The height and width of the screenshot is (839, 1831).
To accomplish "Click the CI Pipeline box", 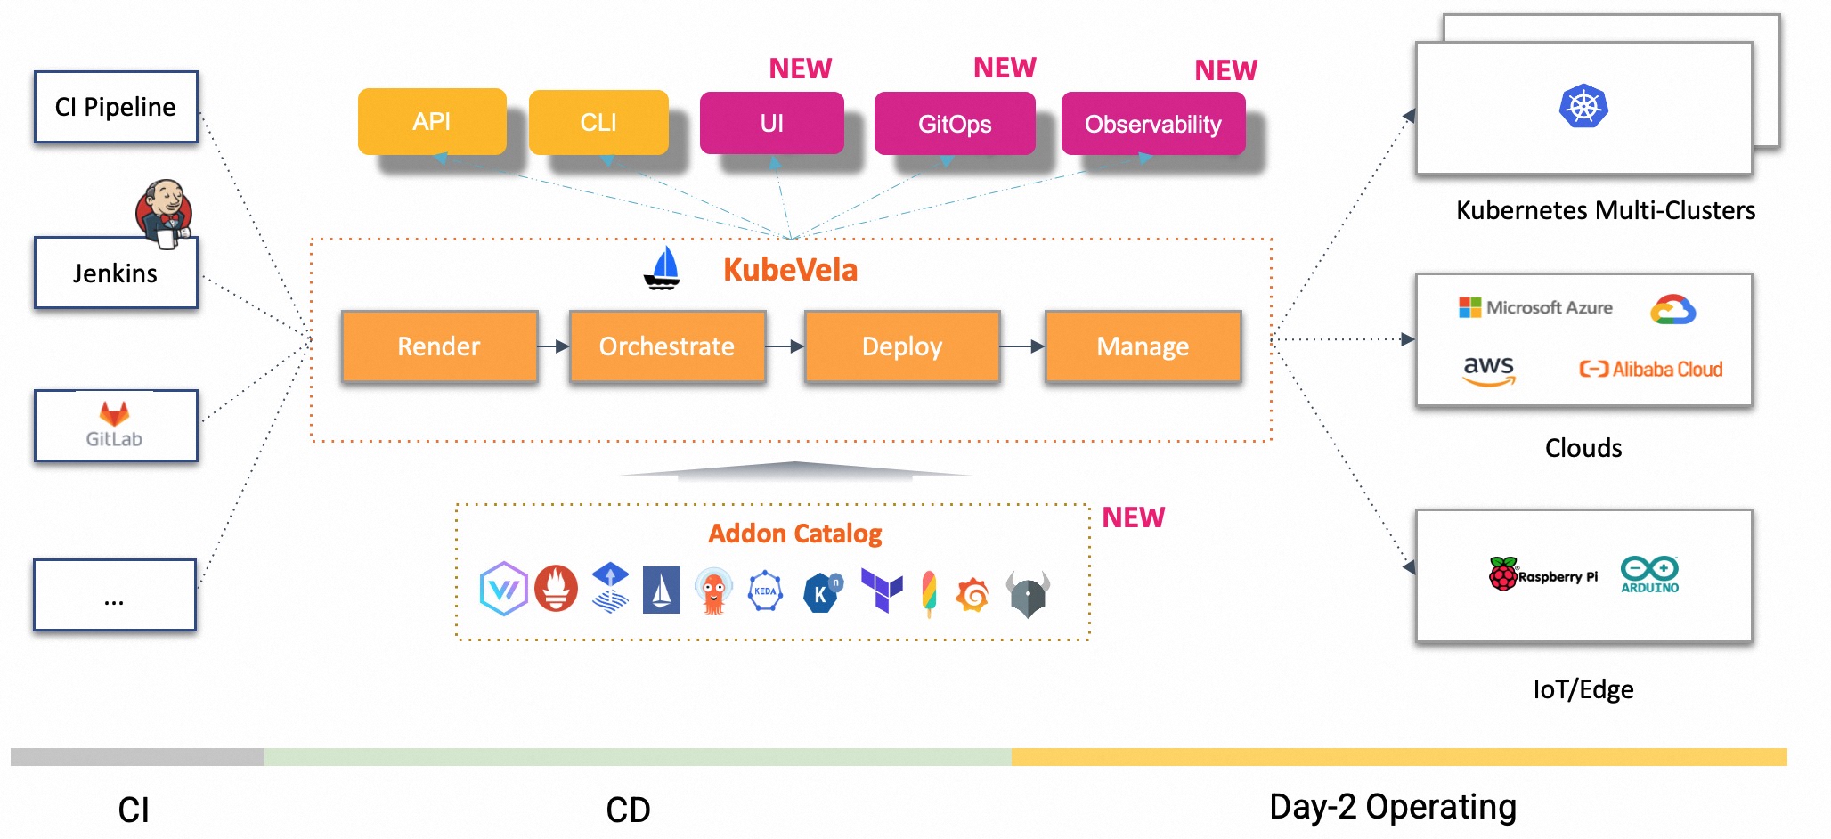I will (116, 107).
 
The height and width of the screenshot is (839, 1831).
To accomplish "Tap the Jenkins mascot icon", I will (163, 212).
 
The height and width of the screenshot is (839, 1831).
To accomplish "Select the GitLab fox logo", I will (114, 413).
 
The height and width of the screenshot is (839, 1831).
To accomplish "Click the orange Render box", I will (439, 346).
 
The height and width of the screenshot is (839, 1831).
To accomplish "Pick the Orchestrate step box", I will (667, 346).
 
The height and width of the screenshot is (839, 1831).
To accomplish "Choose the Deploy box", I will (901, 346).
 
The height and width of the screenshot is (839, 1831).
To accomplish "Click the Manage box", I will (1143, 346).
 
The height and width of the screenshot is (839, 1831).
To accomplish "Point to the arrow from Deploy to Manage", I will (1022, 346).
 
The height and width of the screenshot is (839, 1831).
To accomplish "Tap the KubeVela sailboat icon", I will (662, 269).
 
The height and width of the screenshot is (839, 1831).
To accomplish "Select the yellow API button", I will (432, 121).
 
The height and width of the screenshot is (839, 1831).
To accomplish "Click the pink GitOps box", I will (955, 124).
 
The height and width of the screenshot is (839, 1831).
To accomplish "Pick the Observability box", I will (1152, 124).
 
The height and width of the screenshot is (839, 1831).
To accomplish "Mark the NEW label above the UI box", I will (800, 69).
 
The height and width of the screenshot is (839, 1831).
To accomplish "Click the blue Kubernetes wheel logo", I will (1583, 107).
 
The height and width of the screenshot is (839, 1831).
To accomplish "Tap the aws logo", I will (1488, 370).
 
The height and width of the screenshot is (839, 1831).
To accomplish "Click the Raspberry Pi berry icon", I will (1503, 574).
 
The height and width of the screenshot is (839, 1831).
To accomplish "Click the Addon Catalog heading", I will (794, 534).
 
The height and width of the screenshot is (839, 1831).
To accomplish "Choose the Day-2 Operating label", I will (1392, 807).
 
